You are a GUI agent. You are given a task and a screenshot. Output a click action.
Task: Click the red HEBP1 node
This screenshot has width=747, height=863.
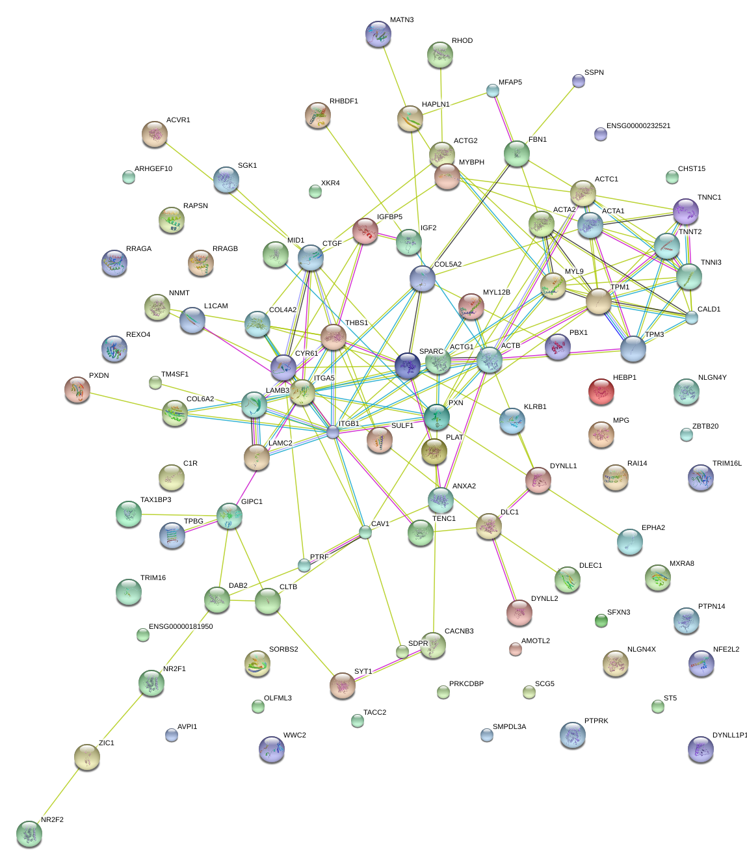[x=601, y=392]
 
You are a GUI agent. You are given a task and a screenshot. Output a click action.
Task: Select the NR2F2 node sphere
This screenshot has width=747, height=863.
[x=29, y=834]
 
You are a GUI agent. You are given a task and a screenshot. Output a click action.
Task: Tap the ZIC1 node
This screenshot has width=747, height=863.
[x=87, y=756]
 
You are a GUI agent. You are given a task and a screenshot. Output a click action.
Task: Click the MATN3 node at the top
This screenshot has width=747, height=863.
[x=378, y=34]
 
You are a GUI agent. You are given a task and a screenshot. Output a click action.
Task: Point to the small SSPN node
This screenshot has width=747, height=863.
[x=578, y=81]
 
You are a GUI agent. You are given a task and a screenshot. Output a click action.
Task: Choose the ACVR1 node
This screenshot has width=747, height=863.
[x=155, y=134]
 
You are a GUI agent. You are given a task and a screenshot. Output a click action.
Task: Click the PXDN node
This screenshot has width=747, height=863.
[x=77, y=390]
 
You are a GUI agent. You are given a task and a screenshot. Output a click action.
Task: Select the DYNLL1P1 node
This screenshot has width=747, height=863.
[x=700, y=749]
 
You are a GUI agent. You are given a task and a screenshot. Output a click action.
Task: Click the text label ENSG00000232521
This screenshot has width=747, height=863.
[x=638, y=126]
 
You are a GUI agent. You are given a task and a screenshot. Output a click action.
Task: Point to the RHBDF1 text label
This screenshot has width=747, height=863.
[x=343, y=101]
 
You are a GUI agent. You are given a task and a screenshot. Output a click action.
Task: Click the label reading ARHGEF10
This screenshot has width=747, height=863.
[x=153, y=169]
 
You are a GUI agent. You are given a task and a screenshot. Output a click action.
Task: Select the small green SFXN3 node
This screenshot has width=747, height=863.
[x=601, y=621]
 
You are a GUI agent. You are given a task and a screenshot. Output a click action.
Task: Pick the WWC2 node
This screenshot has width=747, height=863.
[x=272, y=749]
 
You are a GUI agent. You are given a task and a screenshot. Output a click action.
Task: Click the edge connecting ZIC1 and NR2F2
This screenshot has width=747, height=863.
[x=58, y=795]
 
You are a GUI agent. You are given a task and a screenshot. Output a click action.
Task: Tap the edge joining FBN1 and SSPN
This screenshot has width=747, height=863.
[x=547, y=117]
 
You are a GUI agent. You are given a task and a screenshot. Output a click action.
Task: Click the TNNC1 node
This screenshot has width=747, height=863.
[x=685, y=211]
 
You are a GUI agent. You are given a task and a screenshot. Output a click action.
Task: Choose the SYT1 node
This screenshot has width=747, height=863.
[x=342, y=685]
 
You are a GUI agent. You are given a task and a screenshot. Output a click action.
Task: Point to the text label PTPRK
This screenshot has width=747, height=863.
[x=596, y=721]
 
